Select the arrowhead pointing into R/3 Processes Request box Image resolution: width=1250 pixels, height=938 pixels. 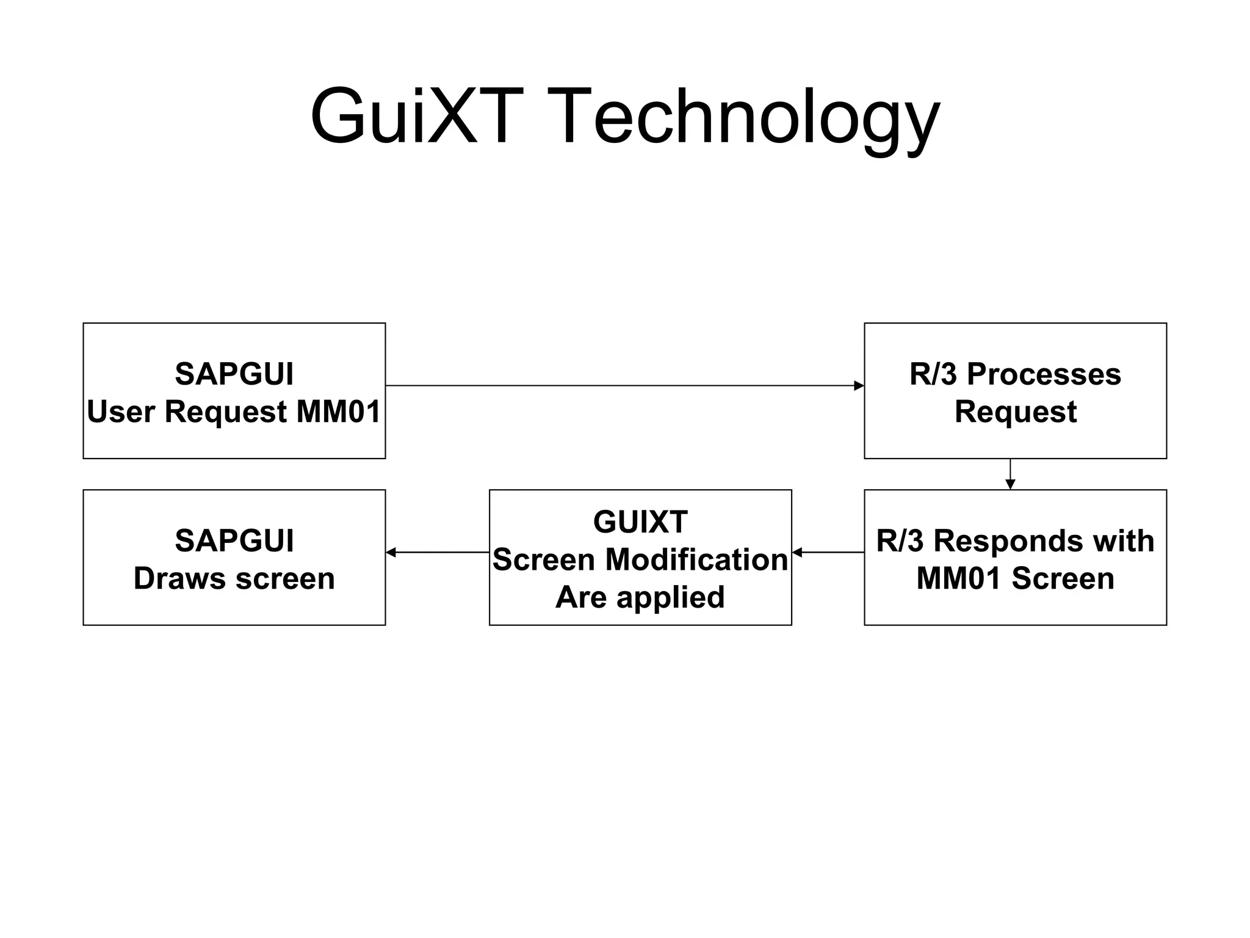[x=858, y=385]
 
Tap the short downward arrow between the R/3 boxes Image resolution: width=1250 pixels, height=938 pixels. [x=1010, y=474]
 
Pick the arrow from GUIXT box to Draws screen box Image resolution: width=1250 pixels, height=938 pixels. [x=437, y=552]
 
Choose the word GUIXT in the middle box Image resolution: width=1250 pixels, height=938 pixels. [x=640, y=522]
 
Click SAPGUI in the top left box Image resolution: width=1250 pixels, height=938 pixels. [x=234, y=374]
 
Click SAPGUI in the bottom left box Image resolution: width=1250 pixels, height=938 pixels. [x=234, y=540]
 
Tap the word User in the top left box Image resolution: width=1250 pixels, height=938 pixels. [x=121, y=411]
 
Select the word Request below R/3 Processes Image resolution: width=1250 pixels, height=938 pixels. [x=1015, y=411]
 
